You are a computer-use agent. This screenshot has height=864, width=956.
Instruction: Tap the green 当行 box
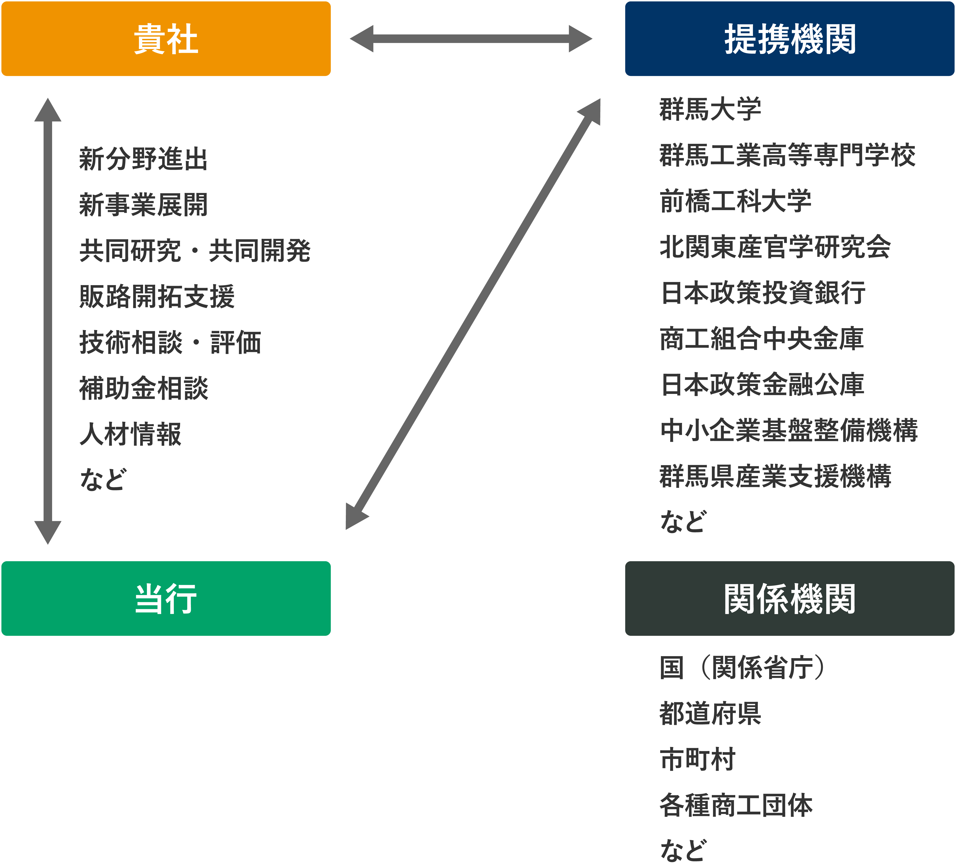(x=166, y=598)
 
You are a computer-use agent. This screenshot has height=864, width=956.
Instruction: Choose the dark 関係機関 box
(x=790, y=598)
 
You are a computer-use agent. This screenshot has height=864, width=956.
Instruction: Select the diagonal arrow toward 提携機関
(x=473, y=314)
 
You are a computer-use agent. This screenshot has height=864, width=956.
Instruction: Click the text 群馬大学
(x=710, y=109)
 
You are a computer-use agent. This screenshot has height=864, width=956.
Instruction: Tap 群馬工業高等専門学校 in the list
(x=787, y=155)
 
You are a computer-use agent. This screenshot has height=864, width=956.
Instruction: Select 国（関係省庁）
(x=742, y=667)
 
